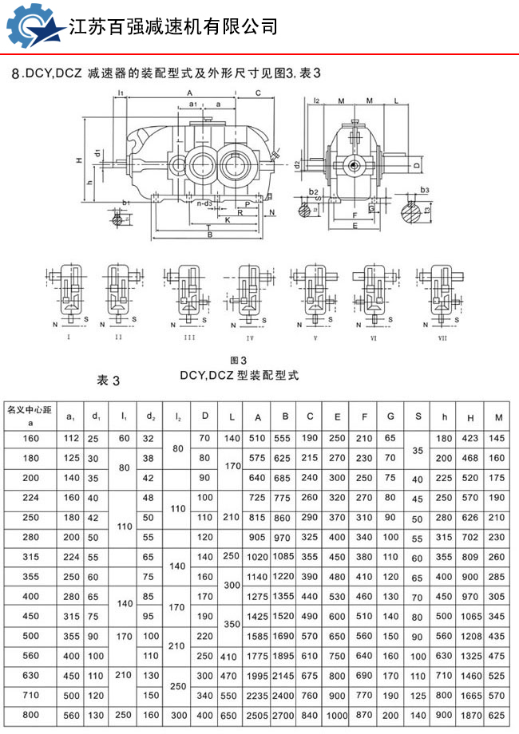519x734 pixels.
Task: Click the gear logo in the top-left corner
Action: (x=33, y=28)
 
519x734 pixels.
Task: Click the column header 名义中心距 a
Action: (x=30, y=416)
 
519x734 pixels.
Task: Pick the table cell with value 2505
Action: (x=257, y=716)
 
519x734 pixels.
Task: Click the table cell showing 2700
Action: (x=283, y=716)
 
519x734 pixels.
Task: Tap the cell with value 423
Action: (x=470, y=438)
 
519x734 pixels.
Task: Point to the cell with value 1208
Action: (x=470, y=637)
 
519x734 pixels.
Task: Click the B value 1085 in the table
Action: (x=283, y=557)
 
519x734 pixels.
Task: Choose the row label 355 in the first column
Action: (x=30, y=577)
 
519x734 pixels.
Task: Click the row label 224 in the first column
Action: (x=30, y=497)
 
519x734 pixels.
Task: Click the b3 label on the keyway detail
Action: (x=425, y=190)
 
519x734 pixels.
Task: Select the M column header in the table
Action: (x=498, y=417)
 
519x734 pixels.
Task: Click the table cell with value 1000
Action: (x=337, y=716)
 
